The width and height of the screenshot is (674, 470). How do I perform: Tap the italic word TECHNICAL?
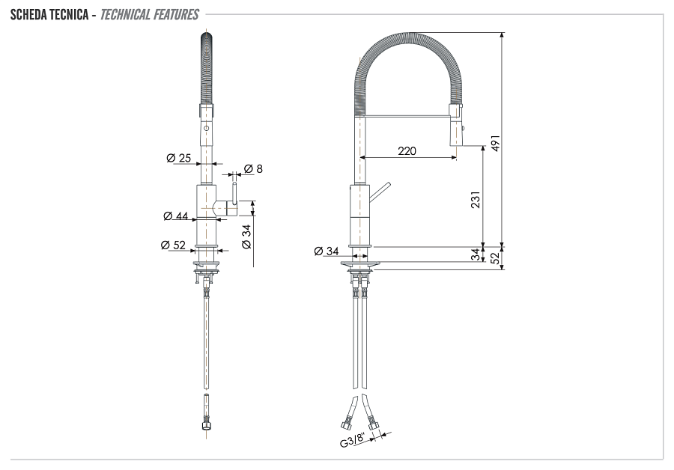(127, 14)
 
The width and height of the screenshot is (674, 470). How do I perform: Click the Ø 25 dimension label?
(179, 158)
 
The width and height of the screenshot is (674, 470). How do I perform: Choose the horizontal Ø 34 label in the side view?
(327, 250)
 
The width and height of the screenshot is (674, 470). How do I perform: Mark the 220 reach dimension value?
(407, 151)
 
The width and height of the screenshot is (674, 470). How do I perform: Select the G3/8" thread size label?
(354, 440)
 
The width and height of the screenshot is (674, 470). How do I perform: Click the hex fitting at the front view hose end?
(206, 426)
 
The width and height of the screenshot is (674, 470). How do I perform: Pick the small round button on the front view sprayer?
(207, 129)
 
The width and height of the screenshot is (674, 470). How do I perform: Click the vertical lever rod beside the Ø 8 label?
(234, 193)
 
